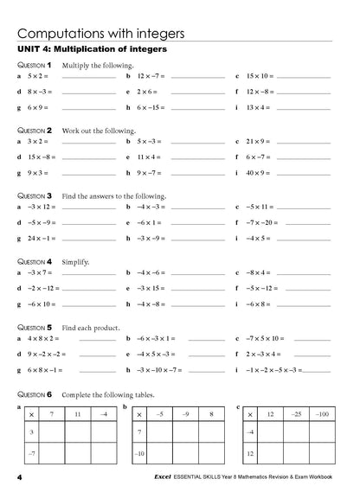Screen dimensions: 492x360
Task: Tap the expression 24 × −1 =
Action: (42, 238)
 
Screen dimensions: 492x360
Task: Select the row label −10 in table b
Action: (138, 452)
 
